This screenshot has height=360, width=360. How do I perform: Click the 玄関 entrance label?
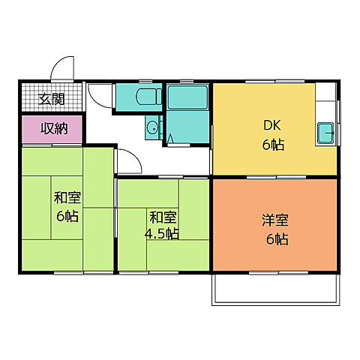click(52, 99)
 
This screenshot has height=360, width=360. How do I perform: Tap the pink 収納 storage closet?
click(52, 129)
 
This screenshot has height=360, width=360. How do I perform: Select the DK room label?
click(272, 125)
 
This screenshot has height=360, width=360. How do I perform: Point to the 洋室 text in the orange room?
click(275, 220)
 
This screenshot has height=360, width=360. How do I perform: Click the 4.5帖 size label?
click(162, 234)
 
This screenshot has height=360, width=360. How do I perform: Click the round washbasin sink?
click(152, 127)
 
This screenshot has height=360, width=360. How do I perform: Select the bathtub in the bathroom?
click(187, 97)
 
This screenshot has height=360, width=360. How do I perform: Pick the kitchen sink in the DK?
click(325, 133)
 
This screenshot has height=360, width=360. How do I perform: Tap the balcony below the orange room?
click(276, 289)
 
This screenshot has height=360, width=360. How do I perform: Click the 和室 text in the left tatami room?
click(67, 197)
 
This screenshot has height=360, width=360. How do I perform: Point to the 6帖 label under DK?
click(273, 145)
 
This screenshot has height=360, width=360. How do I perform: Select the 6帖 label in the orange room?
click(277, 239)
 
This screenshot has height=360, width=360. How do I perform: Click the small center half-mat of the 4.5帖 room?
click(163, 223)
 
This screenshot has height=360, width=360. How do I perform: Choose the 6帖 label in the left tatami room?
click(67, 216)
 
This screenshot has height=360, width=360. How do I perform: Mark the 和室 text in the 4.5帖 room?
click(163, 217)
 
